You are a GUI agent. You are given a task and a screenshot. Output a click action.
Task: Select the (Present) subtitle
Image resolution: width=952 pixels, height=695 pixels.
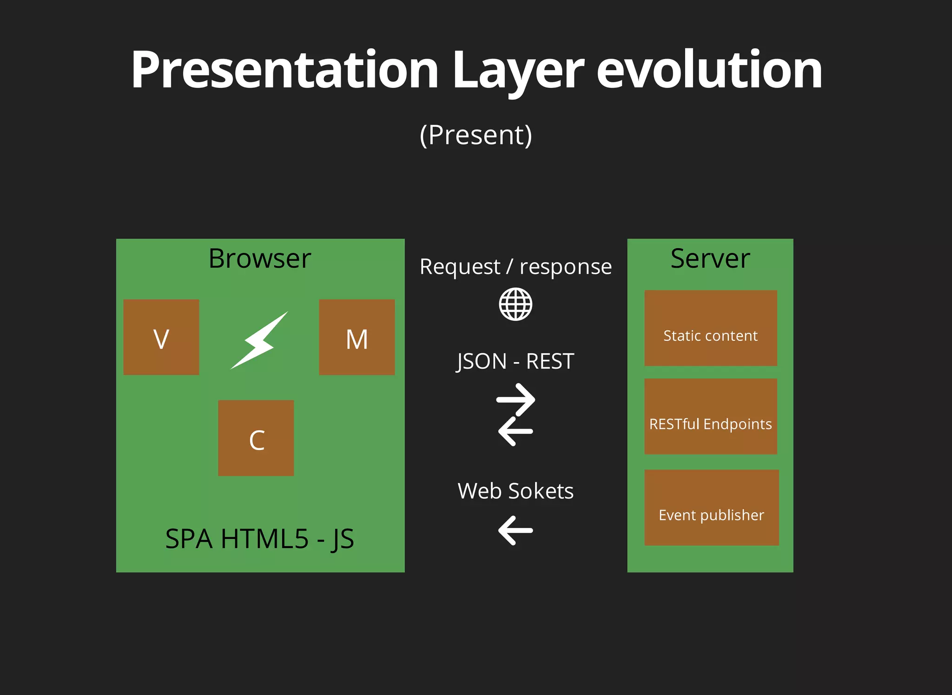(476, 135)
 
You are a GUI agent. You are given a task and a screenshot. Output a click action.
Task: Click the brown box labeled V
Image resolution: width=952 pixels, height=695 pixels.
(161, 337)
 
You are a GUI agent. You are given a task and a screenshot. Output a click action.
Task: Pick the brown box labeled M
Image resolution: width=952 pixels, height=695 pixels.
(357, 337)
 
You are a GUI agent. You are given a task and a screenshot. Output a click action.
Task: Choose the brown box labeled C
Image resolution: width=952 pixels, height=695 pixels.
(256, 438)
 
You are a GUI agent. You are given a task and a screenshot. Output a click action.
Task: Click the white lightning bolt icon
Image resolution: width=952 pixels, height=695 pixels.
(259, 340)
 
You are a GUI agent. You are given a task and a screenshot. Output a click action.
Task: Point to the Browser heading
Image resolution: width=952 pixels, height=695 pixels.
(259, 258)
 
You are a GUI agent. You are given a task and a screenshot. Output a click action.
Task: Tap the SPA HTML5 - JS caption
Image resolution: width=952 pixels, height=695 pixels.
(259, 539)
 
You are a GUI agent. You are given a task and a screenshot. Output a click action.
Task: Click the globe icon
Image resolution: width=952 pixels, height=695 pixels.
(516, 304)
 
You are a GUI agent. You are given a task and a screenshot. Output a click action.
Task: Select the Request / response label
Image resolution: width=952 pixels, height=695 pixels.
(516, 267)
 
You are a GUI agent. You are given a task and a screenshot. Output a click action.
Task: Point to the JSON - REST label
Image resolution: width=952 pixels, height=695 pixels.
(516, 362)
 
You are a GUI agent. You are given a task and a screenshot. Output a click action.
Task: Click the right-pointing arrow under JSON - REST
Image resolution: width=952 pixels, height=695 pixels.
(516, 399)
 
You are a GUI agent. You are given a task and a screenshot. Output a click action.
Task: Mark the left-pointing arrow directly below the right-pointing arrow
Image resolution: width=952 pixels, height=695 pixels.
(516, 431)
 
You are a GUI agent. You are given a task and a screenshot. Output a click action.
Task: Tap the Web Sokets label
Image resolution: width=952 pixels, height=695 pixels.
(516, 491)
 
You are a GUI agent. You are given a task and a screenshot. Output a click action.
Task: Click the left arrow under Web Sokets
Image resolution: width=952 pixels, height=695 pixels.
(516, 530)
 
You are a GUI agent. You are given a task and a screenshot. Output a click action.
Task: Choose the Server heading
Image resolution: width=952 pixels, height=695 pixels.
(710, 258)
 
